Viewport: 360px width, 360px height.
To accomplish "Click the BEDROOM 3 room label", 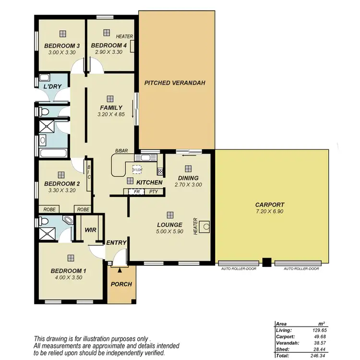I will pos(61,46).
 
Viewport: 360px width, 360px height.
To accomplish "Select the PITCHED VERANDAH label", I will pos(175,83).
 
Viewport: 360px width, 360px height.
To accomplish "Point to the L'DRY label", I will pos(51,87).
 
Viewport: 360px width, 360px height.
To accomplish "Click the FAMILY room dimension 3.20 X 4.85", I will pos(111,114).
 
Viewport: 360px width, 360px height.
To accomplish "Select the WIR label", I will pos(90,230).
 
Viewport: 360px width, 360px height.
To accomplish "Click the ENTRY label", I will pos(117,243).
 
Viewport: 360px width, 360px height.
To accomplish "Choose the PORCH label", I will pos(121,284).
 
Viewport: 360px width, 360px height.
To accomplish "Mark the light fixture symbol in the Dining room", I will pos(188,168).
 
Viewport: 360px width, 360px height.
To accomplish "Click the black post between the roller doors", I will pos(267,263).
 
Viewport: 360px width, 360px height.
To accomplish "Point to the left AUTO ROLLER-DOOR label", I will pos(239,269).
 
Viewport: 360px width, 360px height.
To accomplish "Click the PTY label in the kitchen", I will pos(154,192).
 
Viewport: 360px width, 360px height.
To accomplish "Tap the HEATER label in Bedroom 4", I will pos(124,36).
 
